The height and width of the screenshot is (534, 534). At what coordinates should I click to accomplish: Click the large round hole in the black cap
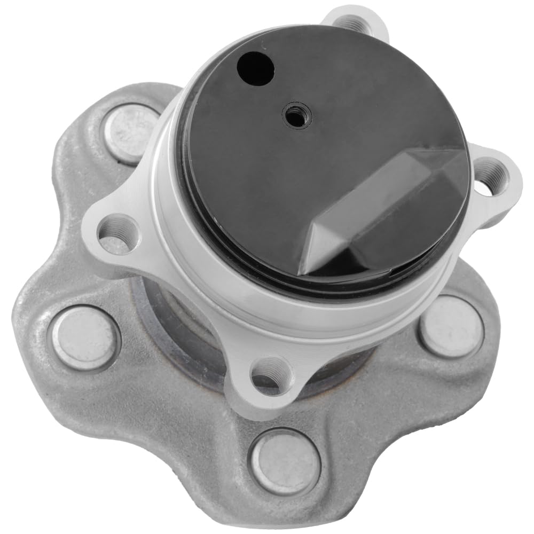255,68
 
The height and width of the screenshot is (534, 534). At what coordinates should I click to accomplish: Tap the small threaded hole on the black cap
296,115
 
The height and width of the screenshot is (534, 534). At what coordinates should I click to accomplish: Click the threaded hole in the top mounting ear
353,23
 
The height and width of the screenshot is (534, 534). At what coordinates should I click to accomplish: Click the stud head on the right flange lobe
451,326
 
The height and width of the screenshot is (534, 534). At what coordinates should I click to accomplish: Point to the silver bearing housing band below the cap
299,315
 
